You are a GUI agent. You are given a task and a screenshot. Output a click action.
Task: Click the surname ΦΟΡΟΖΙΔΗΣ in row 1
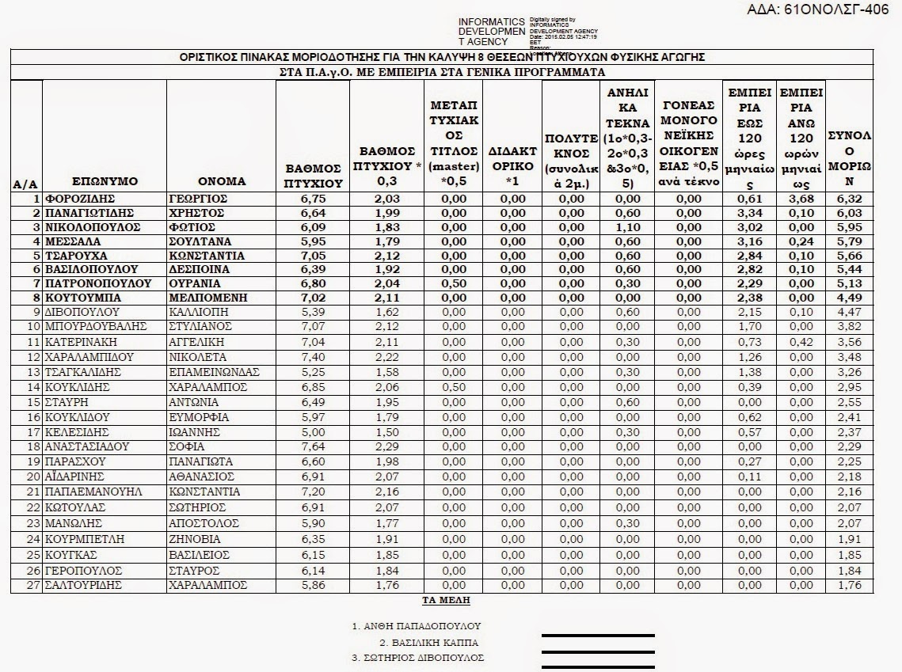click(80, 199)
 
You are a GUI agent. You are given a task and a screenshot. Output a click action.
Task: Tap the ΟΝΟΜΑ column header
click(222, 181)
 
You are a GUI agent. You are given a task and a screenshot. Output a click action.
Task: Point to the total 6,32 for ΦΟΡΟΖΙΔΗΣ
click(849, 199)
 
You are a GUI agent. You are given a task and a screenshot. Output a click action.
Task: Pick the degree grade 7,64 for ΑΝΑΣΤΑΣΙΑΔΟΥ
click(313, 447)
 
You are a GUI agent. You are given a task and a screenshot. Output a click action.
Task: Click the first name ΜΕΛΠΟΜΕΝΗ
click(208, 298)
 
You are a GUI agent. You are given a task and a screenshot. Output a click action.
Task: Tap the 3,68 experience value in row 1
click(801, 199)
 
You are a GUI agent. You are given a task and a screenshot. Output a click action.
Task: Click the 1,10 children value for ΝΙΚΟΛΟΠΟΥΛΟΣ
click(627, 228)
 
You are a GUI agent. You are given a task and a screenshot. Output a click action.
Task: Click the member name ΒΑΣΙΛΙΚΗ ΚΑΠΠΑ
click(428, 643)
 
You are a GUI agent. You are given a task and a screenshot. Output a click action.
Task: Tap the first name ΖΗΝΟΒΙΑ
click(196, 540)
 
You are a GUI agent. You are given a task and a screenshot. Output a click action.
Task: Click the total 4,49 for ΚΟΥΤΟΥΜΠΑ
click(849, 298)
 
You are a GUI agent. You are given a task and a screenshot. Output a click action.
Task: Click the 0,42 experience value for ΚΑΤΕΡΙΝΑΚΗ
click(801, 342)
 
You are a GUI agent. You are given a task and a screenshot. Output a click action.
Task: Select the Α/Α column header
click(25, 184)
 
